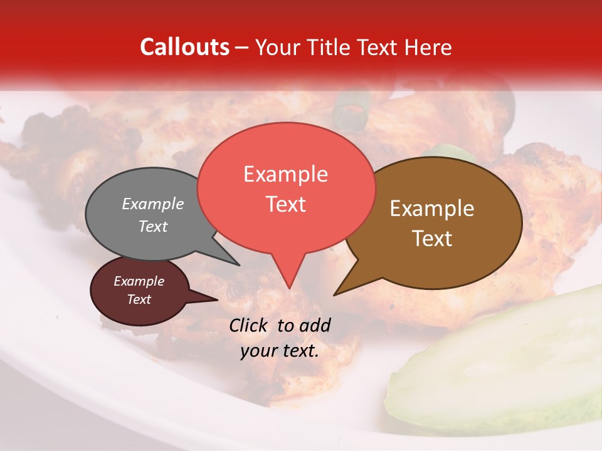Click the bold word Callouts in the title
coord(184,47)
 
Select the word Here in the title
coord(429,47)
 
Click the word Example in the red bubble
coord(285,174)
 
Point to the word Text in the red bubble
coord(285,204)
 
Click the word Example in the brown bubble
coord(432,209)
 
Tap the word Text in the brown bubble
coord(432,238)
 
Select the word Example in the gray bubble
coord(153,204)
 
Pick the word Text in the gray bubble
coord(153,226)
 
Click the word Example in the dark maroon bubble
coord(139,281)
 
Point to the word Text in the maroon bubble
coord(139,299)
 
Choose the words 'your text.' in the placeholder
coord(279,351)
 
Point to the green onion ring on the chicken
coord(351,111)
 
